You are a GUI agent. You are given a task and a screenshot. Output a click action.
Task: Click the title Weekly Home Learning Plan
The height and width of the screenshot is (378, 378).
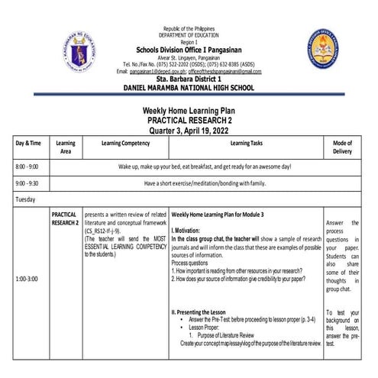pos(189,111)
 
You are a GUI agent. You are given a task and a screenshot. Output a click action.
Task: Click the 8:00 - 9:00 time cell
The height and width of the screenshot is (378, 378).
pos(28,166)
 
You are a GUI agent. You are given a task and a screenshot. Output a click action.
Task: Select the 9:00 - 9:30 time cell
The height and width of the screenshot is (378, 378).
pos(28,184)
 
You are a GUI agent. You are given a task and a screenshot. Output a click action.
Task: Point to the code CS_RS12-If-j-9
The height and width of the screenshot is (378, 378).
pos(111,230)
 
